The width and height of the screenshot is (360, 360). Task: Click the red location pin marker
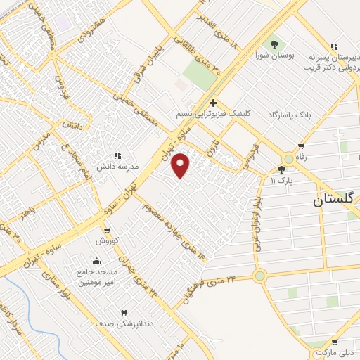[181, 165]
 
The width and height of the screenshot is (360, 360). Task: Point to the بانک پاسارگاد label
[287, 114]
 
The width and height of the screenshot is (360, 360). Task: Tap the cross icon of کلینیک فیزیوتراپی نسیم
[213, 103]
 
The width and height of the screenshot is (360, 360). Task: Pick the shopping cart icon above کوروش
[106, 230]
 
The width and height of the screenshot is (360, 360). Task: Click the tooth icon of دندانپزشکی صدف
[124, 312]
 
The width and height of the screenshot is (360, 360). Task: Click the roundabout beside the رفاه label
[290, 159]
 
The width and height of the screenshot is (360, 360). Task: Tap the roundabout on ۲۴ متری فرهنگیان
[260, 276]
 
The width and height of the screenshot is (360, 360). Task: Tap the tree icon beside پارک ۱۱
[282, 169]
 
